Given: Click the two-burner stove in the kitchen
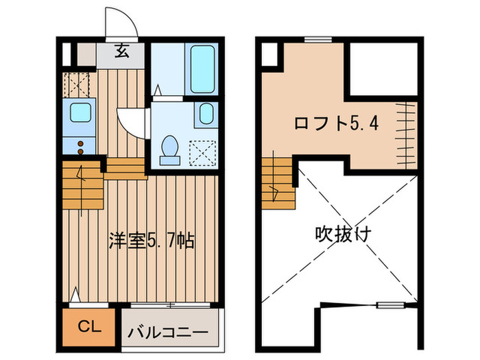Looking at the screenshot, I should coord(80,146).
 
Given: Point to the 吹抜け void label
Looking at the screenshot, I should coord(343,234).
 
